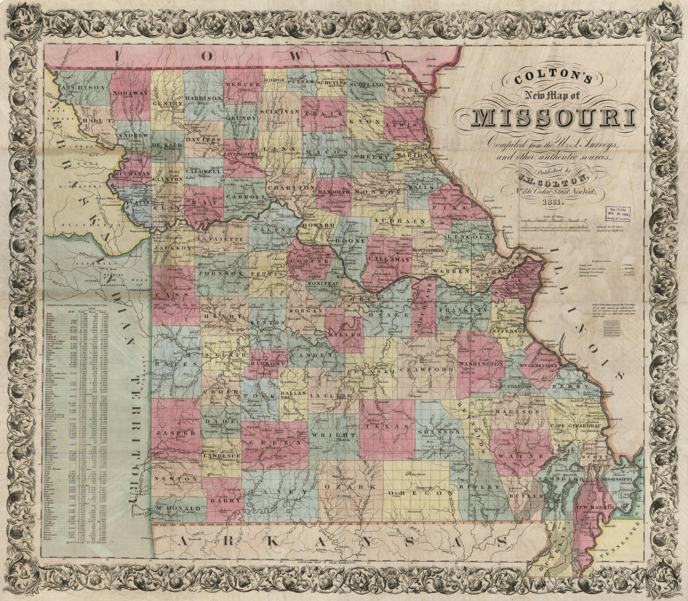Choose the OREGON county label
coord(420,493)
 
